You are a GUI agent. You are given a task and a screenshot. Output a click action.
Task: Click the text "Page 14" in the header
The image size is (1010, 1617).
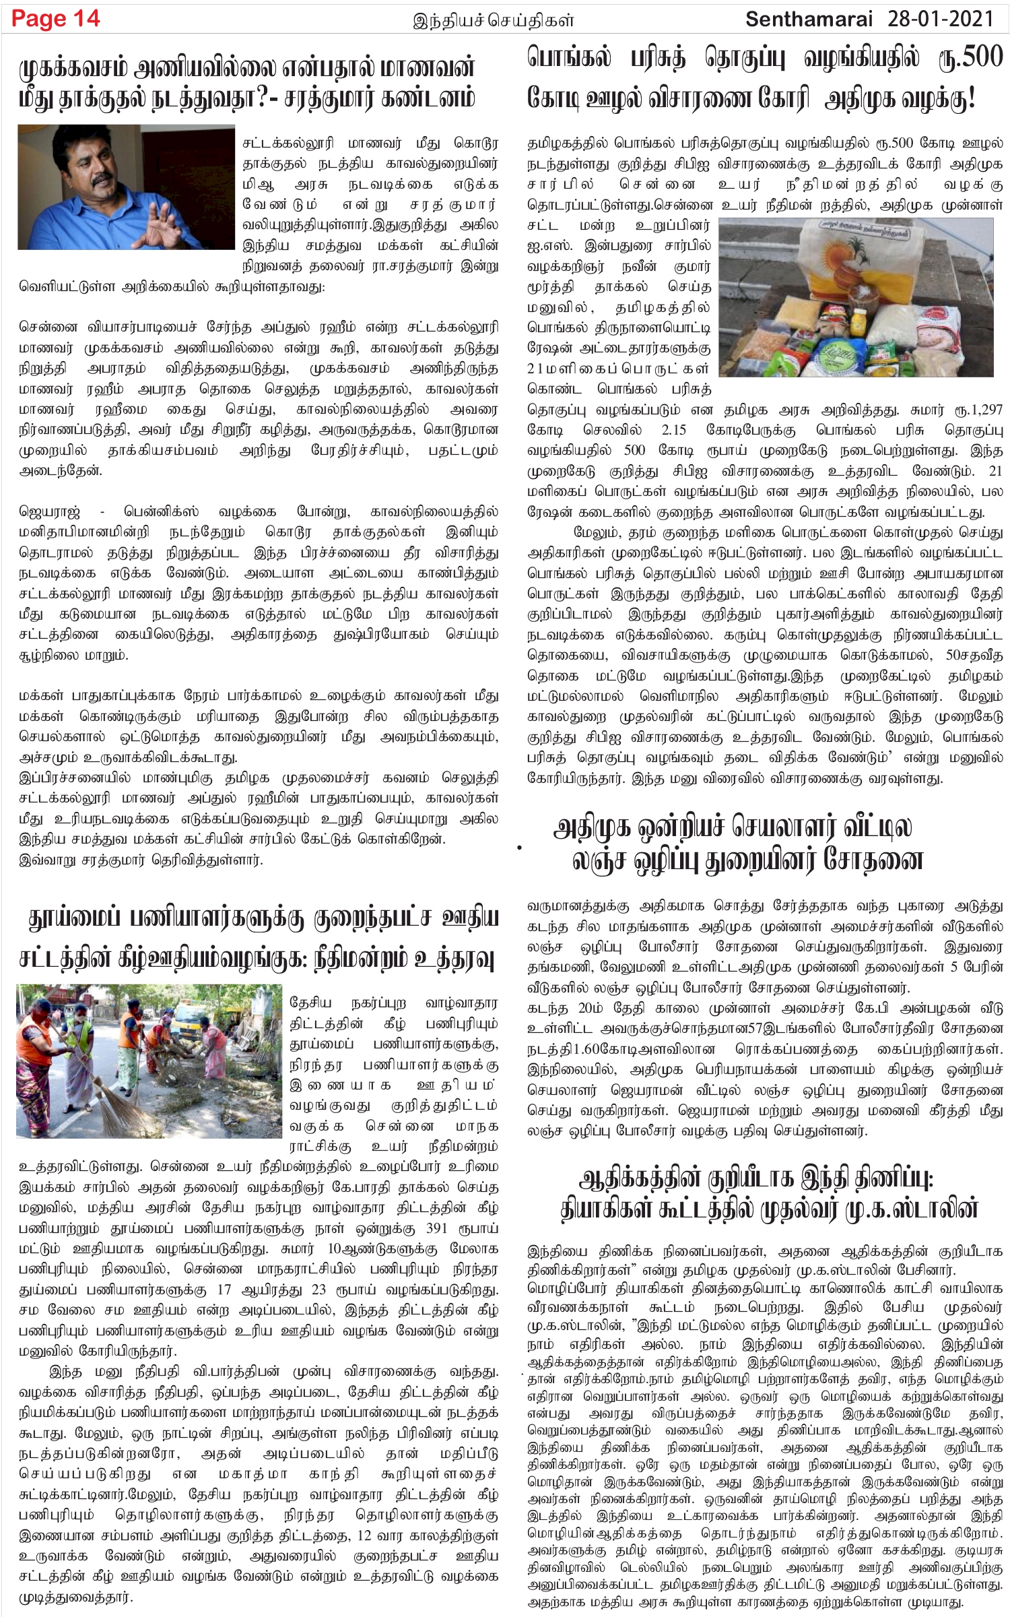[56, 19]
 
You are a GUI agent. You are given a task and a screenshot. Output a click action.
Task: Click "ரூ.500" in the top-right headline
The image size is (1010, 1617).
[970, 59]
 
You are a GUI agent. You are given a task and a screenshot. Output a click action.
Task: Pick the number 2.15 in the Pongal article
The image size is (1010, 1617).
[673, 430]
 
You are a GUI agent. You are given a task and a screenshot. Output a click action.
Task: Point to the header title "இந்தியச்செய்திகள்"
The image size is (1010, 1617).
[494, 21]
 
